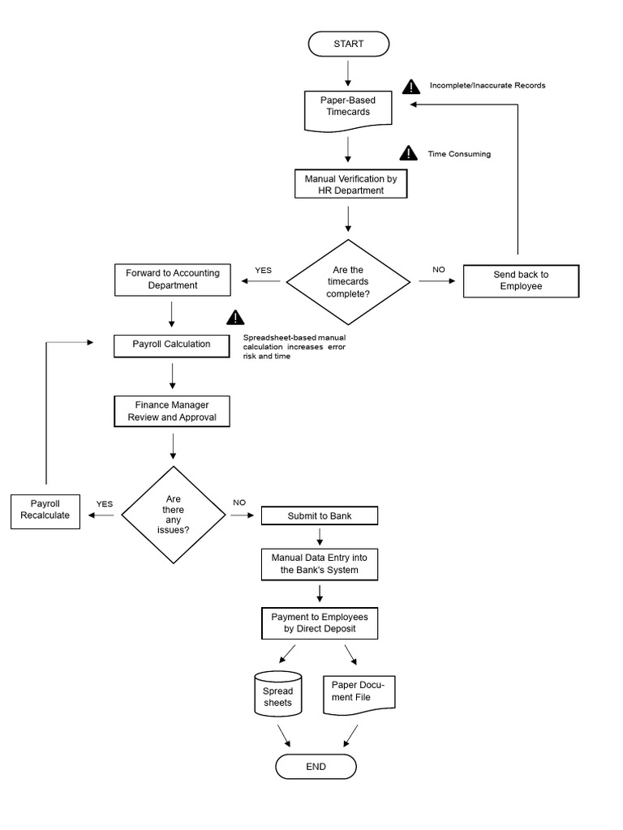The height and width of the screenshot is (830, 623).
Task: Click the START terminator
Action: click(348, 44)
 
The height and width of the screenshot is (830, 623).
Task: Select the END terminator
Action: click(316, 767)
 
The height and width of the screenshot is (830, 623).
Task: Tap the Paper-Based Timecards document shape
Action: click(348, 109)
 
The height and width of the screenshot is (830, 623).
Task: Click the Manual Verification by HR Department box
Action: click(350, 184)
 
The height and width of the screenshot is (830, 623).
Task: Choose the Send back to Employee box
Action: click(522, 280)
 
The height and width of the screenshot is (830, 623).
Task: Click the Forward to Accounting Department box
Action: click(173, 280)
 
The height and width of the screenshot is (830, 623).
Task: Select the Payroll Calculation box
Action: click(172, 344)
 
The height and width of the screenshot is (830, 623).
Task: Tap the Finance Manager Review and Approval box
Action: click(172, 411)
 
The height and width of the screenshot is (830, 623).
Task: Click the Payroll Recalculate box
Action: click(45, 511)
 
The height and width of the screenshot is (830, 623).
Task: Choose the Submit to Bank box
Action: click(319, 516)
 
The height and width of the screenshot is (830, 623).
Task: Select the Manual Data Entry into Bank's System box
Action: click(319, 564)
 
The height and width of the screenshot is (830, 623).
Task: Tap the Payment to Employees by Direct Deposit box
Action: click(320, 623)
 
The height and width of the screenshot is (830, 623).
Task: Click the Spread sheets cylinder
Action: click(277, 695)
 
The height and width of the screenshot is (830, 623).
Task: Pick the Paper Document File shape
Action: click(359, 695)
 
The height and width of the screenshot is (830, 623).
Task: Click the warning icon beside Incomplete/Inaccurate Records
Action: click(414, 86)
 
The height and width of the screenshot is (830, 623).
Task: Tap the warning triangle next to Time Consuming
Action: click(408, 153)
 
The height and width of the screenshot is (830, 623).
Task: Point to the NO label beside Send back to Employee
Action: click(439, 269)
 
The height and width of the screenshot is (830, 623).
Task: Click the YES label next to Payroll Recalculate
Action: click(105, 504)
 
